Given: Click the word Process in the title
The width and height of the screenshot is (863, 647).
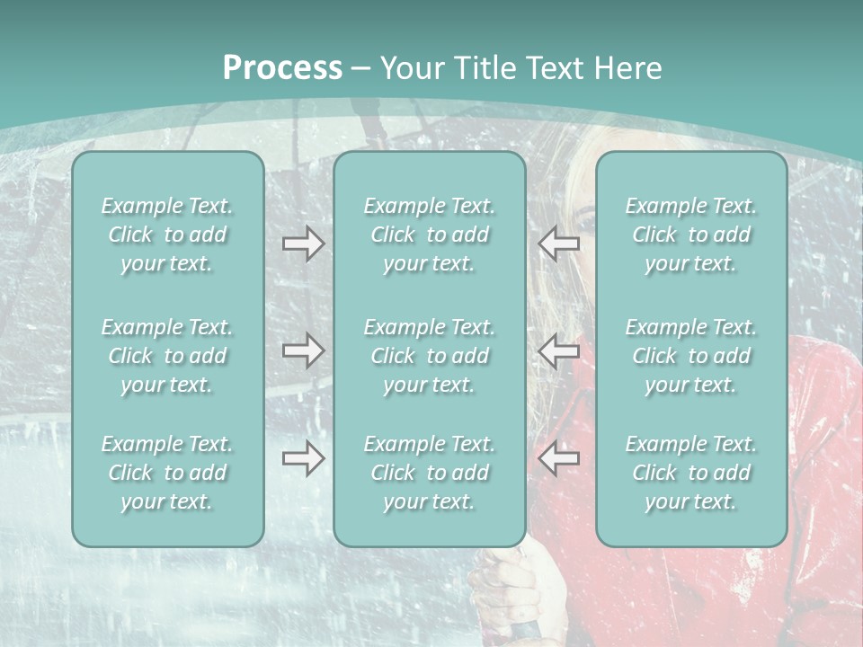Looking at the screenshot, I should click(282, 68).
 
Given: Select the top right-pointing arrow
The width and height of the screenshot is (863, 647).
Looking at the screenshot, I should click(303, 243).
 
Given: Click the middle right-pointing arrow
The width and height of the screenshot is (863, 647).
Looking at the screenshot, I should click(303, 350).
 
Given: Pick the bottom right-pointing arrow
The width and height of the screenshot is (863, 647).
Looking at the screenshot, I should click(303, 459).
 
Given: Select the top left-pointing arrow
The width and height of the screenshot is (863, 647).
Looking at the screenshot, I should click(558, 243).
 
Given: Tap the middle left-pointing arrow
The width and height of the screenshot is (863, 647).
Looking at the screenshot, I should click(558, 350).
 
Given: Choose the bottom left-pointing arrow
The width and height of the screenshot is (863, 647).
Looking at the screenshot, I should click(558, 459).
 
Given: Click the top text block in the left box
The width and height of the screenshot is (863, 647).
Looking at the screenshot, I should click(167, 235).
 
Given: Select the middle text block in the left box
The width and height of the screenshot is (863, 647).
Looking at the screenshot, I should click(167, 356).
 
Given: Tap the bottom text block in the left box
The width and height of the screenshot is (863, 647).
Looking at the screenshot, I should click(167, 473).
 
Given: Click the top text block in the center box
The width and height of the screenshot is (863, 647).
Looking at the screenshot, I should click(429, 235).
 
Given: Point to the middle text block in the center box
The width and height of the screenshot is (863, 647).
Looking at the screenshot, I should click(429, 356).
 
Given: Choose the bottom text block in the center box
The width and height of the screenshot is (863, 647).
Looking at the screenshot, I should click(429, 473).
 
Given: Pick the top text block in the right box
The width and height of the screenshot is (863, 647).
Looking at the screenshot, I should click(690, 235).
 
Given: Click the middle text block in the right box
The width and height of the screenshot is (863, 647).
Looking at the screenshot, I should click(690, 356).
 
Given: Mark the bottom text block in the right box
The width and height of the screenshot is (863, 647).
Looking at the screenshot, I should click(690, 473).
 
